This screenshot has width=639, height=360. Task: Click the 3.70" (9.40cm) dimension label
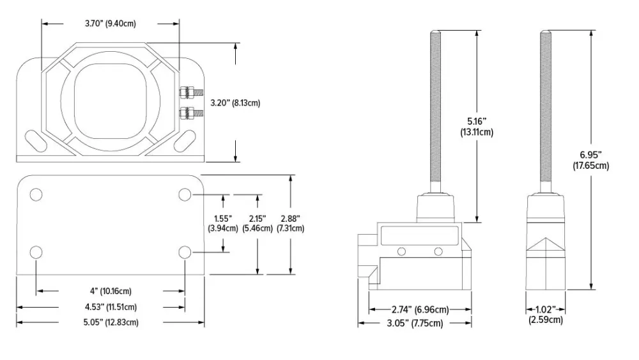[x=110, y=24]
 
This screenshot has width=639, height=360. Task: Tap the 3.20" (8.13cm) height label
[x=235, y=102]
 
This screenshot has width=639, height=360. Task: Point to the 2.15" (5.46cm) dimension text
[x=257, y=223]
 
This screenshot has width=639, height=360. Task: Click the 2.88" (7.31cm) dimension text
[x=291, y=223]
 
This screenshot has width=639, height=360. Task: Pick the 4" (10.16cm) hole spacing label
[x=110, y=292]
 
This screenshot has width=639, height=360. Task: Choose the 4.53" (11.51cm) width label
[x=110, y=307]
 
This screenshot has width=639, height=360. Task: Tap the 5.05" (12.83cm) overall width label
[x=110, y=322]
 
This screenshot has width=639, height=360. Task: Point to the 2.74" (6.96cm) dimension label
[x=420, y=310]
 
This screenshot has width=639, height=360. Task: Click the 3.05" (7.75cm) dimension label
[x=415, y=324]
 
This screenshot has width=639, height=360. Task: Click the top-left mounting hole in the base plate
[x=36, y=194]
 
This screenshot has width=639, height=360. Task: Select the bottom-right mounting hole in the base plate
[x=185, y=252]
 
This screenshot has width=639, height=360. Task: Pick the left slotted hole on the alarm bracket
[x=35, y=139]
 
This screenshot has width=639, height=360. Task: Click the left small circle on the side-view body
[x=401, y=251]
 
